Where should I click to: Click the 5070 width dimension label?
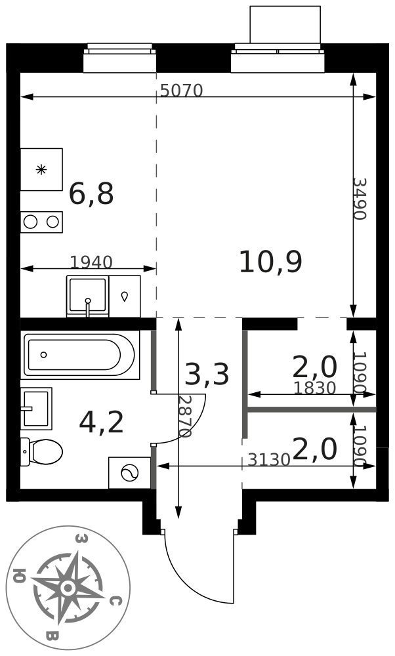(x=182, y=90)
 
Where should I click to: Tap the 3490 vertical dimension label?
(x=360, y=199)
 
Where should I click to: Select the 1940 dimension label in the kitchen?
(x=91, y=262)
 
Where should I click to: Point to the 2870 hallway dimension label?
(x=184, y=417)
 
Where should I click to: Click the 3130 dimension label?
(x=269, y=460)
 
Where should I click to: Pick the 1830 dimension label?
(x=315, y=388)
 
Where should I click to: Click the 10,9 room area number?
(x=270, y=262)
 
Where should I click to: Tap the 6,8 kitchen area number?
(x=91, y=194)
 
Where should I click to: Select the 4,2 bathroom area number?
(x=101, y=422)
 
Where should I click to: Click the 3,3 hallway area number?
(x=207, y=374)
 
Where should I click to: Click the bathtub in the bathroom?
(x=81, y=355)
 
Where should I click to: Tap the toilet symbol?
(x=42, y=451)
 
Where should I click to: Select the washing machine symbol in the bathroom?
(x=129, y=473)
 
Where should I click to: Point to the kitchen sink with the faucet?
(x=87, y=297)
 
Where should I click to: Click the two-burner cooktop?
(x=41, y=222)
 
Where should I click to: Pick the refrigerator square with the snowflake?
(x=41, y=169)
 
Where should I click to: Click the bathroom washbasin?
(x=36, y=408)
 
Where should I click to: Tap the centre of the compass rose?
(x=66, y=588)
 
